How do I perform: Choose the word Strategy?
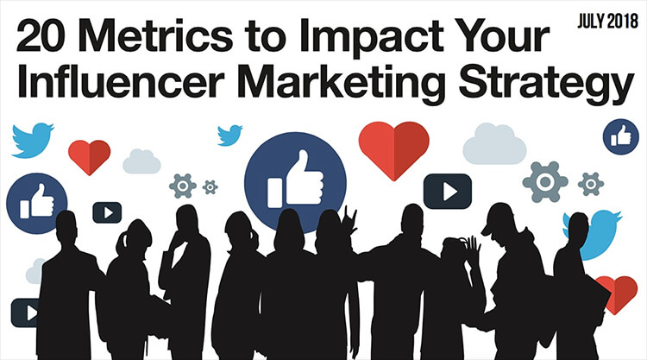[x=546, y=85]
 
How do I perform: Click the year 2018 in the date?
[x=622, y=21]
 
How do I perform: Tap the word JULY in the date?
[x=591, y=21]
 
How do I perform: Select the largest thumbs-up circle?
[x=295, y=180]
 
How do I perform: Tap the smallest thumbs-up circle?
[x=620, y=136]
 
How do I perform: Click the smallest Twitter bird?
[x=229, y=135]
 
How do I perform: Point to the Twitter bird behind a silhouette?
[x=600, y=234]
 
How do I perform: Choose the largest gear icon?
[x=544, y=181]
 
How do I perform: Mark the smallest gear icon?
[x=210, y=187]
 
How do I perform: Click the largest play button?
[x=447, y=191]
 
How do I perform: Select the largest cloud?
[x=494, y=144]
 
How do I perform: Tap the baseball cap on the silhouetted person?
[x=498, y=218]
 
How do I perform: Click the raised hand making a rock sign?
[x=349, y=221]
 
